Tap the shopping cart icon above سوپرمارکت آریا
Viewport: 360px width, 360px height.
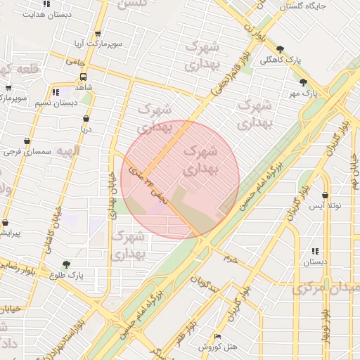click(97, 33)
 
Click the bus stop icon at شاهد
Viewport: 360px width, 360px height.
click(84, 77)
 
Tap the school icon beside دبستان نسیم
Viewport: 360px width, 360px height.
click(56, 92)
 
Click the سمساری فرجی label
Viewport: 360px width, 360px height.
click(27, 152)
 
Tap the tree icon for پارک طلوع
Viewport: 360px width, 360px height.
click(67, 264)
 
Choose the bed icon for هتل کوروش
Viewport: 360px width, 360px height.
click(217, 337)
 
